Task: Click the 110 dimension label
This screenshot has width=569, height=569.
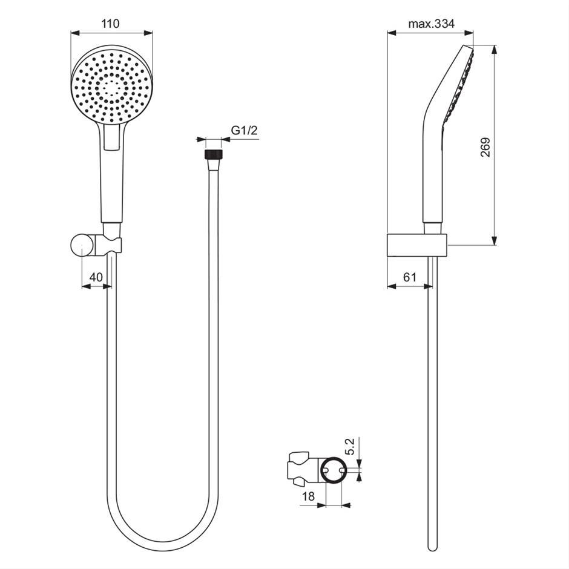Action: [110, 24]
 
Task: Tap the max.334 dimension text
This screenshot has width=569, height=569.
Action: [431, 24]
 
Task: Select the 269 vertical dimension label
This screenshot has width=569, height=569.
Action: [485, 147]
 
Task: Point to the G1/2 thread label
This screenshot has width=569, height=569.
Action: [244, 130]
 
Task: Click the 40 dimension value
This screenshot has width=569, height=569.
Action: [96, 277]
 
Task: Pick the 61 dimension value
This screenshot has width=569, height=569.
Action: [410, 277]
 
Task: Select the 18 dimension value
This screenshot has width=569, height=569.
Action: [308, 496]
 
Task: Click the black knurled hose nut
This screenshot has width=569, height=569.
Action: [213, 154]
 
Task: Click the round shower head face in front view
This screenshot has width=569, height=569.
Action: [112, 85]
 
